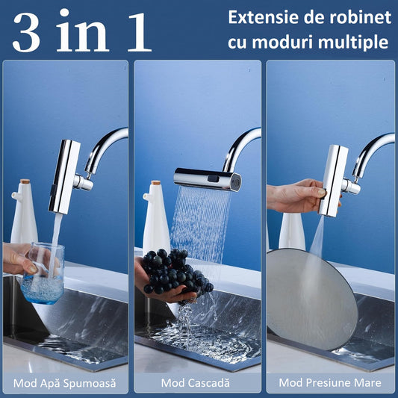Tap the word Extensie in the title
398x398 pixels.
click(261, 17)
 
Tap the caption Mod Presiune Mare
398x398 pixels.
click(330, 383)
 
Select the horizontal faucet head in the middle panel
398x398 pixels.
click(208, 178)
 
